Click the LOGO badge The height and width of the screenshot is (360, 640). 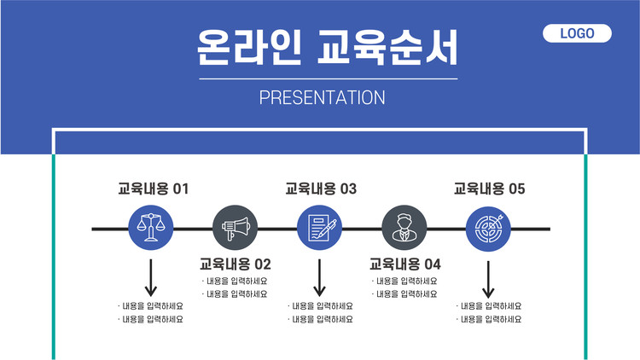(577, 33)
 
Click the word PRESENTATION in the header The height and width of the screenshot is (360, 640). (322, 97)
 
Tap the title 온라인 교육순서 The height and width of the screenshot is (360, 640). (328, 47)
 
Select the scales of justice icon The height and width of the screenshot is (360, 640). (150, 228)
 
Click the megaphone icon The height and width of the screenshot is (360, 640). (236, 228)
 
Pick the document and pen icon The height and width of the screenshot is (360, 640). (320, 228)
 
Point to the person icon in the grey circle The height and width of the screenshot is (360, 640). (404, 228)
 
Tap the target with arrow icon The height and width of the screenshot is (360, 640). (488, 229)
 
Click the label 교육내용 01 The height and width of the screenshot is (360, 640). (153, 189)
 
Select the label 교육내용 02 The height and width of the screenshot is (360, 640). (236, 264)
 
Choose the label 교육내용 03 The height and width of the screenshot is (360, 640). (321, 189)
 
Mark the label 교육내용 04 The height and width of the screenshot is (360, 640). (404, 264)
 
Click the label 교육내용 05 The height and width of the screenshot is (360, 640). (490, 189)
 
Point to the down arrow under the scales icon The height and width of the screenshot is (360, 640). (150, 277)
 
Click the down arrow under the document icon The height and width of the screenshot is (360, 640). (320, 277)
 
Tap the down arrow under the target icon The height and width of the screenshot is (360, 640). (488, 280)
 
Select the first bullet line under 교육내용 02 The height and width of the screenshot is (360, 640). (235, 281)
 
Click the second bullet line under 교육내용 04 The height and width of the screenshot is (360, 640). (404, 293)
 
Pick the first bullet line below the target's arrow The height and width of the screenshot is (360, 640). (489, 306)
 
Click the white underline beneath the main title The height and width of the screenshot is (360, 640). (329, 78)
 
